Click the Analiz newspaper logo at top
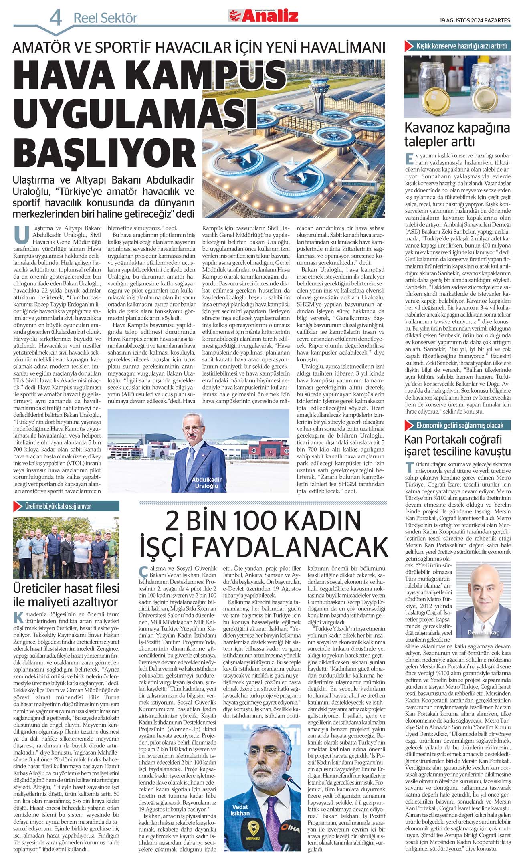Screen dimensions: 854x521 263,16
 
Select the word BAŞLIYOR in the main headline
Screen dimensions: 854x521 105,152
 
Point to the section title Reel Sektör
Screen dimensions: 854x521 105,18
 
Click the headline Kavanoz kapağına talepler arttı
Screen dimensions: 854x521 457,135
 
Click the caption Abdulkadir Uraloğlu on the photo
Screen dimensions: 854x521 206,483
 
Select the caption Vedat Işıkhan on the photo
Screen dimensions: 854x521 240,810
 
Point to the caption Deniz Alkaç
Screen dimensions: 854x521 483,632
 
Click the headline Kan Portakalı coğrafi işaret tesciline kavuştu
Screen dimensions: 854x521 457,445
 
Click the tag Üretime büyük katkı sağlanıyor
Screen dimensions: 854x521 58,506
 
